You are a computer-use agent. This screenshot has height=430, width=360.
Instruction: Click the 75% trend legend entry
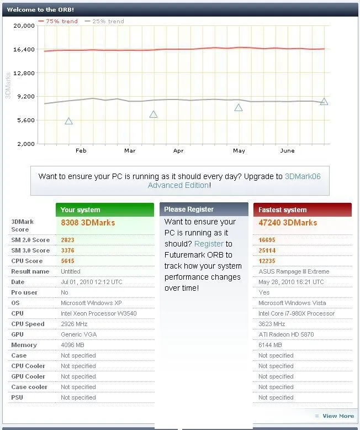pos(58,21)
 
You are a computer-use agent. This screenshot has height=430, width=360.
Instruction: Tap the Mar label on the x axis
pos(130,150)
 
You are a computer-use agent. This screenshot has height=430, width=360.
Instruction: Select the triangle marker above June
pos(324,102)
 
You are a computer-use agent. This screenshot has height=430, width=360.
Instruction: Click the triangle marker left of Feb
pos(69,121)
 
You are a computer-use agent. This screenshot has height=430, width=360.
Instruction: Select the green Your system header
pos(104,209)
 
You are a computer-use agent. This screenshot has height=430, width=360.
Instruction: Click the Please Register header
pos(204,209)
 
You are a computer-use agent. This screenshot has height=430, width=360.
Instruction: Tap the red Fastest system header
pos(302,209)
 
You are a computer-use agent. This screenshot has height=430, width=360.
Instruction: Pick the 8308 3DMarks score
pos(88,222)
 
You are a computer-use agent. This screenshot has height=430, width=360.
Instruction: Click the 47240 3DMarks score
pos(288,222)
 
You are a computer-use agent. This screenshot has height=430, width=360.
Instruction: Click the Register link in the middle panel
pos(209,244)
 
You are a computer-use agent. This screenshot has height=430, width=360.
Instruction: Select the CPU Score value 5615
pos(67,261)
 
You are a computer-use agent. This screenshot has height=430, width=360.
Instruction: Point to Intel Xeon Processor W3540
pos(98,313)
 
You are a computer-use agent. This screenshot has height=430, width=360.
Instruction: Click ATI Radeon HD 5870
pos(285,334)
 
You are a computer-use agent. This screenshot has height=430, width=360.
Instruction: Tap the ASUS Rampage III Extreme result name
pos(294,271)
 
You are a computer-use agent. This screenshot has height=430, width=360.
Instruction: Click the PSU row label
pos(17,397)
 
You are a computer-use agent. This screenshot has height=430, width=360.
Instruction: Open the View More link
pos(338,416)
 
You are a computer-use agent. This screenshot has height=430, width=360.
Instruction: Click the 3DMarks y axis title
pos(8,85)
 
